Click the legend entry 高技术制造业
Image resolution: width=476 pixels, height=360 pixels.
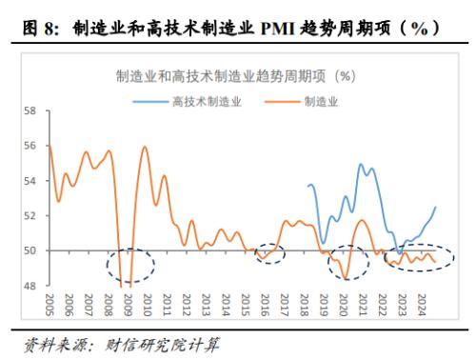[206, 100]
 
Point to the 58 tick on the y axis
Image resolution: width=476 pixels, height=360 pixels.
[30, 111]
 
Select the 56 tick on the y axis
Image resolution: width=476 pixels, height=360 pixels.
[30, 147]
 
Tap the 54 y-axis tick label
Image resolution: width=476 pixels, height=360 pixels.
[30, 181]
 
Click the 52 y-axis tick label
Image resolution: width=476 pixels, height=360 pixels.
[30, 216]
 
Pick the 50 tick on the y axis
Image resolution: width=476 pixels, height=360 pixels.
[30, 251]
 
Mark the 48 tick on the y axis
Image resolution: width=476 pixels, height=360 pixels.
[30, 286]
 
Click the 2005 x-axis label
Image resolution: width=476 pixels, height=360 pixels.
[49, 305]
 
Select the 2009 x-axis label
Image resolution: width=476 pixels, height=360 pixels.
[128, 305]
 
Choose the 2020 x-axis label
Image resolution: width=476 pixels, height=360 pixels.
[344, 305]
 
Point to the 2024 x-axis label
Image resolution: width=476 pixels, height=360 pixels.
[422, 305]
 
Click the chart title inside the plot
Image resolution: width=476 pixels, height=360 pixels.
[236, 75]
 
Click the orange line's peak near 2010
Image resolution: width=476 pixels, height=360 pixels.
[145, 148]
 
